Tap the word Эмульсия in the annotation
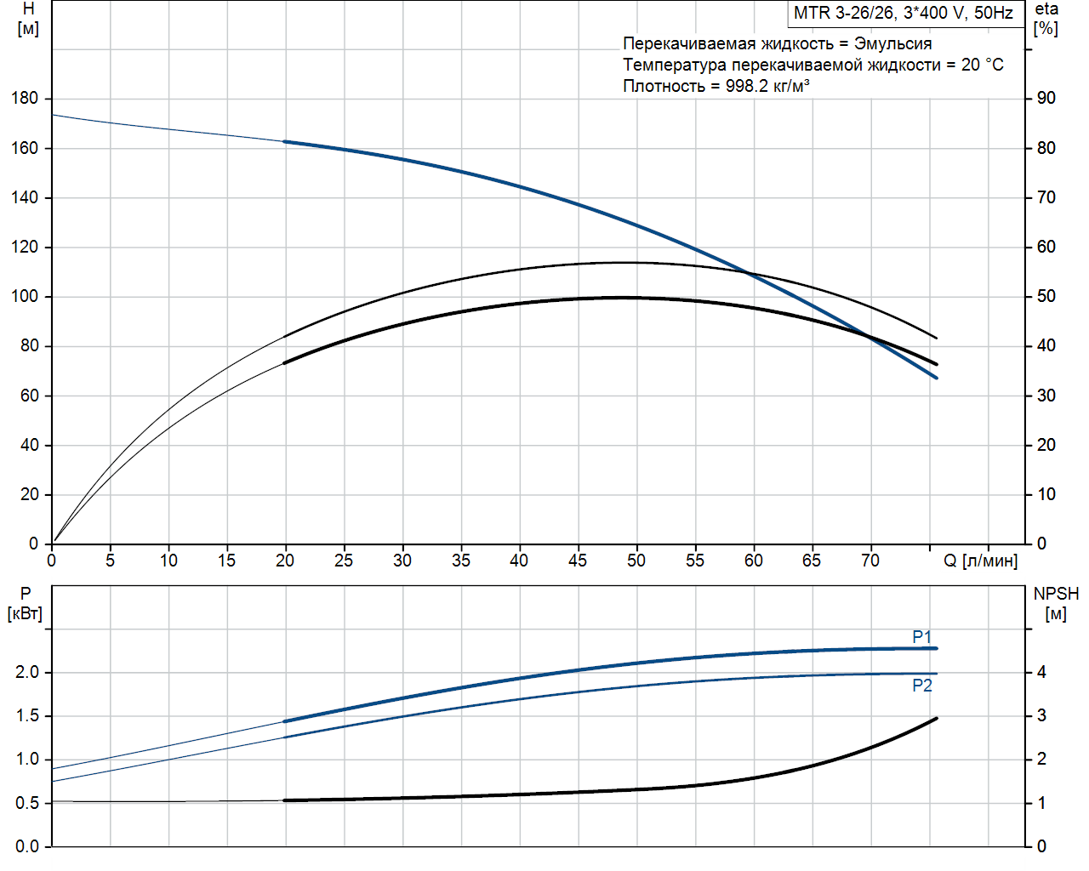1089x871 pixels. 892,43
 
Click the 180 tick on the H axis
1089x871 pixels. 25,98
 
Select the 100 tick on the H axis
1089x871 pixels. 25,296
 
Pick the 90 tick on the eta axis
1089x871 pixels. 1046,98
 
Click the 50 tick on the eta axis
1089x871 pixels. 1046,296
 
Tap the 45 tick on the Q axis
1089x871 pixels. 578,561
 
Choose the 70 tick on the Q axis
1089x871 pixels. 870,561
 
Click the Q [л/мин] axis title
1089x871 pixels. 980,561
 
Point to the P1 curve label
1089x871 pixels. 922,637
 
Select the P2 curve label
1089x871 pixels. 922,686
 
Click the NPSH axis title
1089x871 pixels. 1056,594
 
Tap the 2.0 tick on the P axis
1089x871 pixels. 27,672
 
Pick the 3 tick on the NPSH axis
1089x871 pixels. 1041,715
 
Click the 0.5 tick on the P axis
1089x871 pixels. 27,803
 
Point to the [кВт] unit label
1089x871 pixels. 25,613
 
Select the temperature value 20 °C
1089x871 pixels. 983,65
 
